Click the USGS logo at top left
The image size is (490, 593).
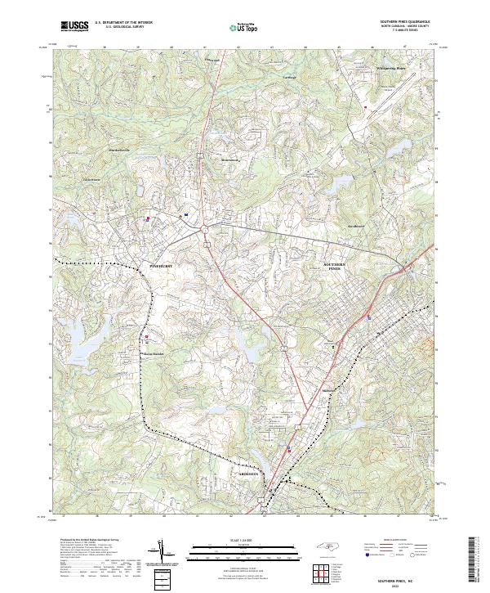tap(75, 26)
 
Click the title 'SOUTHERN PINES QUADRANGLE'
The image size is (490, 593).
tap(403, 22)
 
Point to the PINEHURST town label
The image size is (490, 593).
tap(162, 267)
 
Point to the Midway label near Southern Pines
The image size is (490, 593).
tap(330, 390)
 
